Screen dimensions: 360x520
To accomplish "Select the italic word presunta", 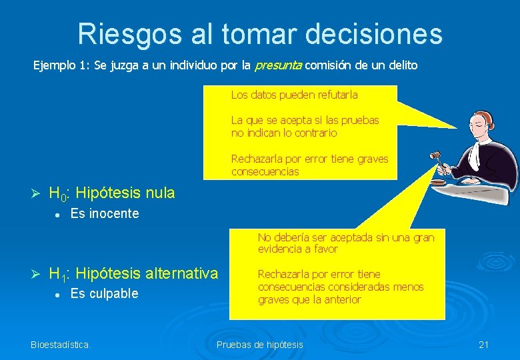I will [278, 65].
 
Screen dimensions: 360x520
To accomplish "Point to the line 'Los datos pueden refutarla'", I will [294, 95].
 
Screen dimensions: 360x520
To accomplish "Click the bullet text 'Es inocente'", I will [105, 214].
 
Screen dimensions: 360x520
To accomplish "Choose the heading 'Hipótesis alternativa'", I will [147, 273].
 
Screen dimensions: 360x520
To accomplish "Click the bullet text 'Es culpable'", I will [104, 294].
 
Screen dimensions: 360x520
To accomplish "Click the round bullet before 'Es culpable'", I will [59, 294].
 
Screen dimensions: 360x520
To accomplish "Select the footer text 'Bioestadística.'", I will [61, 345].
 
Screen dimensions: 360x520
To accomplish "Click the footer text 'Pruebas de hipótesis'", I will [260, 345].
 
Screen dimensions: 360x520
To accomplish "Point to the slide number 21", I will [484, 345].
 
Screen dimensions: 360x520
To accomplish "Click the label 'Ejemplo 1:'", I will [57, 65].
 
